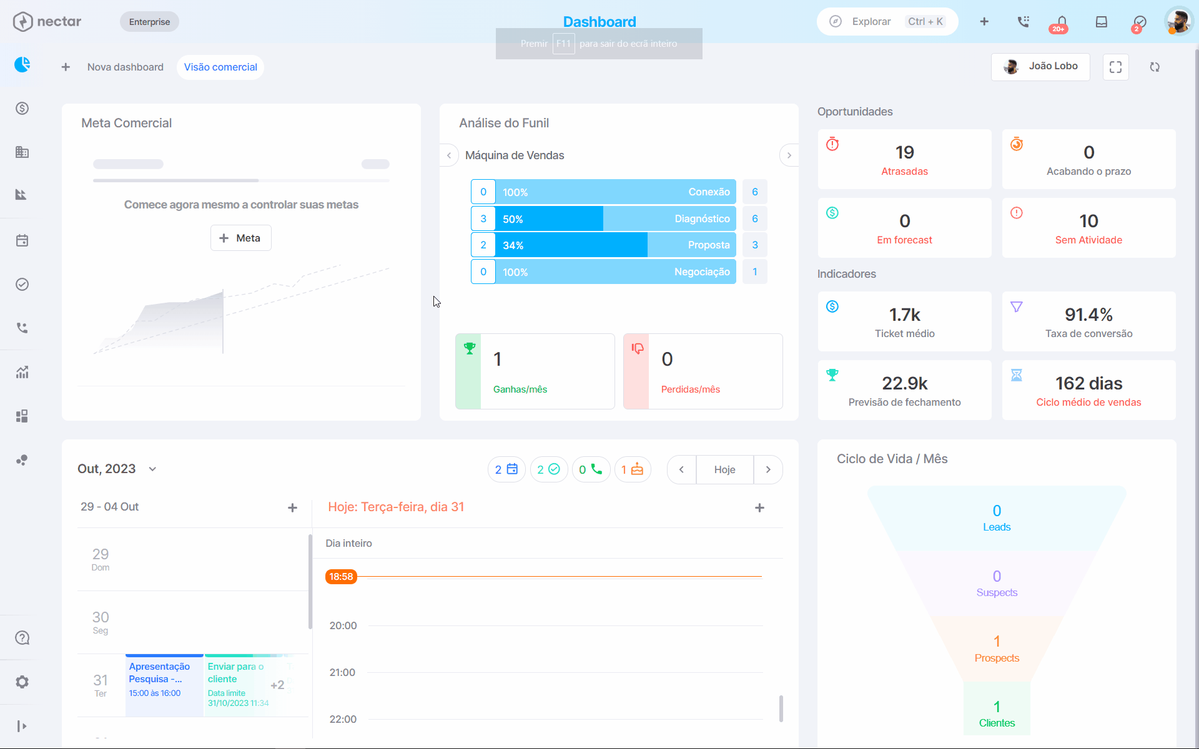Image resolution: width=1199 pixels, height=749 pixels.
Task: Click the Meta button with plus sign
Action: pyautogui.click(x=240, y=238)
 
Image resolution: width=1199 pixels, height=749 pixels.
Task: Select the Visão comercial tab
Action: pyautogui.click(x=220, y=67)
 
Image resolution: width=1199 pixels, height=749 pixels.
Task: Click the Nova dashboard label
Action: pyautogui.click(x=125, y=67)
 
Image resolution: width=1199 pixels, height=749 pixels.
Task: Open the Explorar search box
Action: pyautogui.click(x=887, y=22)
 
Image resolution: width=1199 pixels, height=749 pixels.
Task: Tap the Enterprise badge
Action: pyautogui.click(x=149, y=22)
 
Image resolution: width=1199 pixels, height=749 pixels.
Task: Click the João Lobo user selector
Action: pyautogui.click(x=1040, y=67)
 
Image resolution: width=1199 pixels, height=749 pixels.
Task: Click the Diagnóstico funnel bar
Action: pyautogui.click(x=615, y=218)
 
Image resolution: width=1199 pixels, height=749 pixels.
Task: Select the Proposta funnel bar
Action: pyautogui.click(x=615, y=245)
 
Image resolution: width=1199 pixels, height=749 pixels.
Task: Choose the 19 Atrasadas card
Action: pyautogui.click(x=904, y=159)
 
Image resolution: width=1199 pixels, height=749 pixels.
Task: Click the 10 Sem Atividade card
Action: pyautogui.click(x=1088, y=228)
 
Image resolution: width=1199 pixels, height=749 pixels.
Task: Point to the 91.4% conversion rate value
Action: pyautogui.click(x=1088, y=315)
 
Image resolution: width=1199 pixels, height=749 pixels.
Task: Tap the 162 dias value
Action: pyautogui.click(x=1088, y=383)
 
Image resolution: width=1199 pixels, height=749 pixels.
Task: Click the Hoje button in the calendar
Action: pyautogui.click(x=724, y=469)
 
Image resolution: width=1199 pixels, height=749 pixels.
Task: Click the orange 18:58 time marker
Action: pyautogui.click(x=341, y=577)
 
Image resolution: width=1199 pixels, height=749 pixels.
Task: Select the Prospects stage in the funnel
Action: pyautogui.click(x=997, y=649)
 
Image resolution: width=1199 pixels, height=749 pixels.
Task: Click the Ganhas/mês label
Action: pyautogui.click(x=520, y=389)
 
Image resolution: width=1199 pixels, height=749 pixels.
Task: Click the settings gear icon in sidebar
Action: pyautogui.click(x=22, y=682)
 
